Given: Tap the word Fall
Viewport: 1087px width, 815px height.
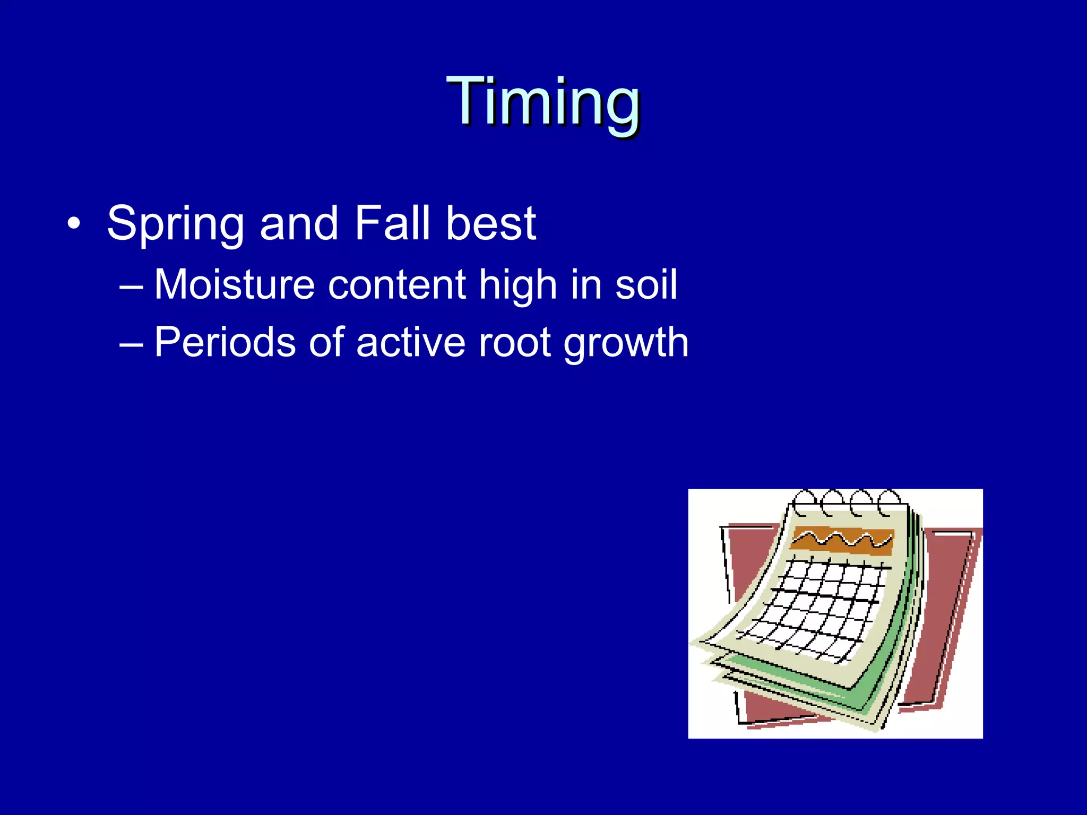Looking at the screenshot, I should [392, 223].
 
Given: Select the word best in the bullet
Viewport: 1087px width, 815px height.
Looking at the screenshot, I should [490, 223].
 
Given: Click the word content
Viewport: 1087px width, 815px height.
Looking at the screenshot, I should [397, 285].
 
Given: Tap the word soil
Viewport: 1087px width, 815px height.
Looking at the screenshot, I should [645, 285].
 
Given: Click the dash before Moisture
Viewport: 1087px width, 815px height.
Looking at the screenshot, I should [131, 287].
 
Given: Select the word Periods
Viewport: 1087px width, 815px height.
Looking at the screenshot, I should [224, 342].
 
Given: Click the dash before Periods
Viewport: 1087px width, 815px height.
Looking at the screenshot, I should [131, 344].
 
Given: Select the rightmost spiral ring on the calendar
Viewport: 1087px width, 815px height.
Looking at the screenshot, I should [888, 502].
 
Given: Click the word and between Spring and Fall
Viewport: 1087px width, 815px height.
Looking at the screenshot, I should [299, 223].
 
